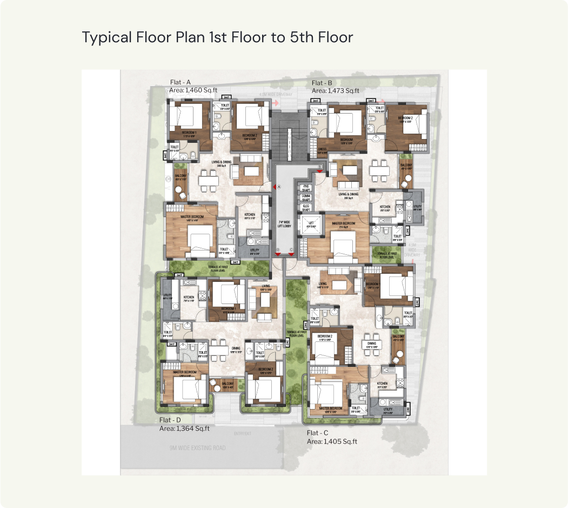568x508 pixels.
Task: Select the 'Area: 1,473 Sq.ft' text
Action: click(336, 91)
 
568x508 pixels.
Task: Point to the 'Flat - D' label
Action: click(170, 420)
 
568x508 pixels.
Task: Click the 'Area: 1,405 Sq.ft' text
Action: click(332, 441)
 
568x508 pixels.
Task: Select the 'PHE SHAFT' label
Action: click(306, 188)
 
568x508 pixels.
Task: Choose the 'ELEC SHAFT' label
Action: click(306, 207)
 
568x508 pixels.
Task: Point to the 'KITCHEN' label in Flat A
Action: click(249, 215)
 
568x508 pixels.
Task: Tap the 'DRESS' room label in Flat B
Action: click(322, 149)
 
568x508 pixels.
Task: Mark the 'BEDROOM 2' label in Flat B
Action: click(405, 118)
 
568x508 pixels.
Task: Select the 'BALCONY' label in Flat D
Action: click(227, 382)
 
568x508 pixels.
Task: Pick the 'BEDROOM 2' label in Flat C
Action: click(324, 337)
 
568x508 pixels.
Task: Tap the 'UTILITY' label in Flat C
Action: click(387, 410)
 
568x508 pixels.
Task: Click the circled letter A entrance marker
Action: click(280, 187)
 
